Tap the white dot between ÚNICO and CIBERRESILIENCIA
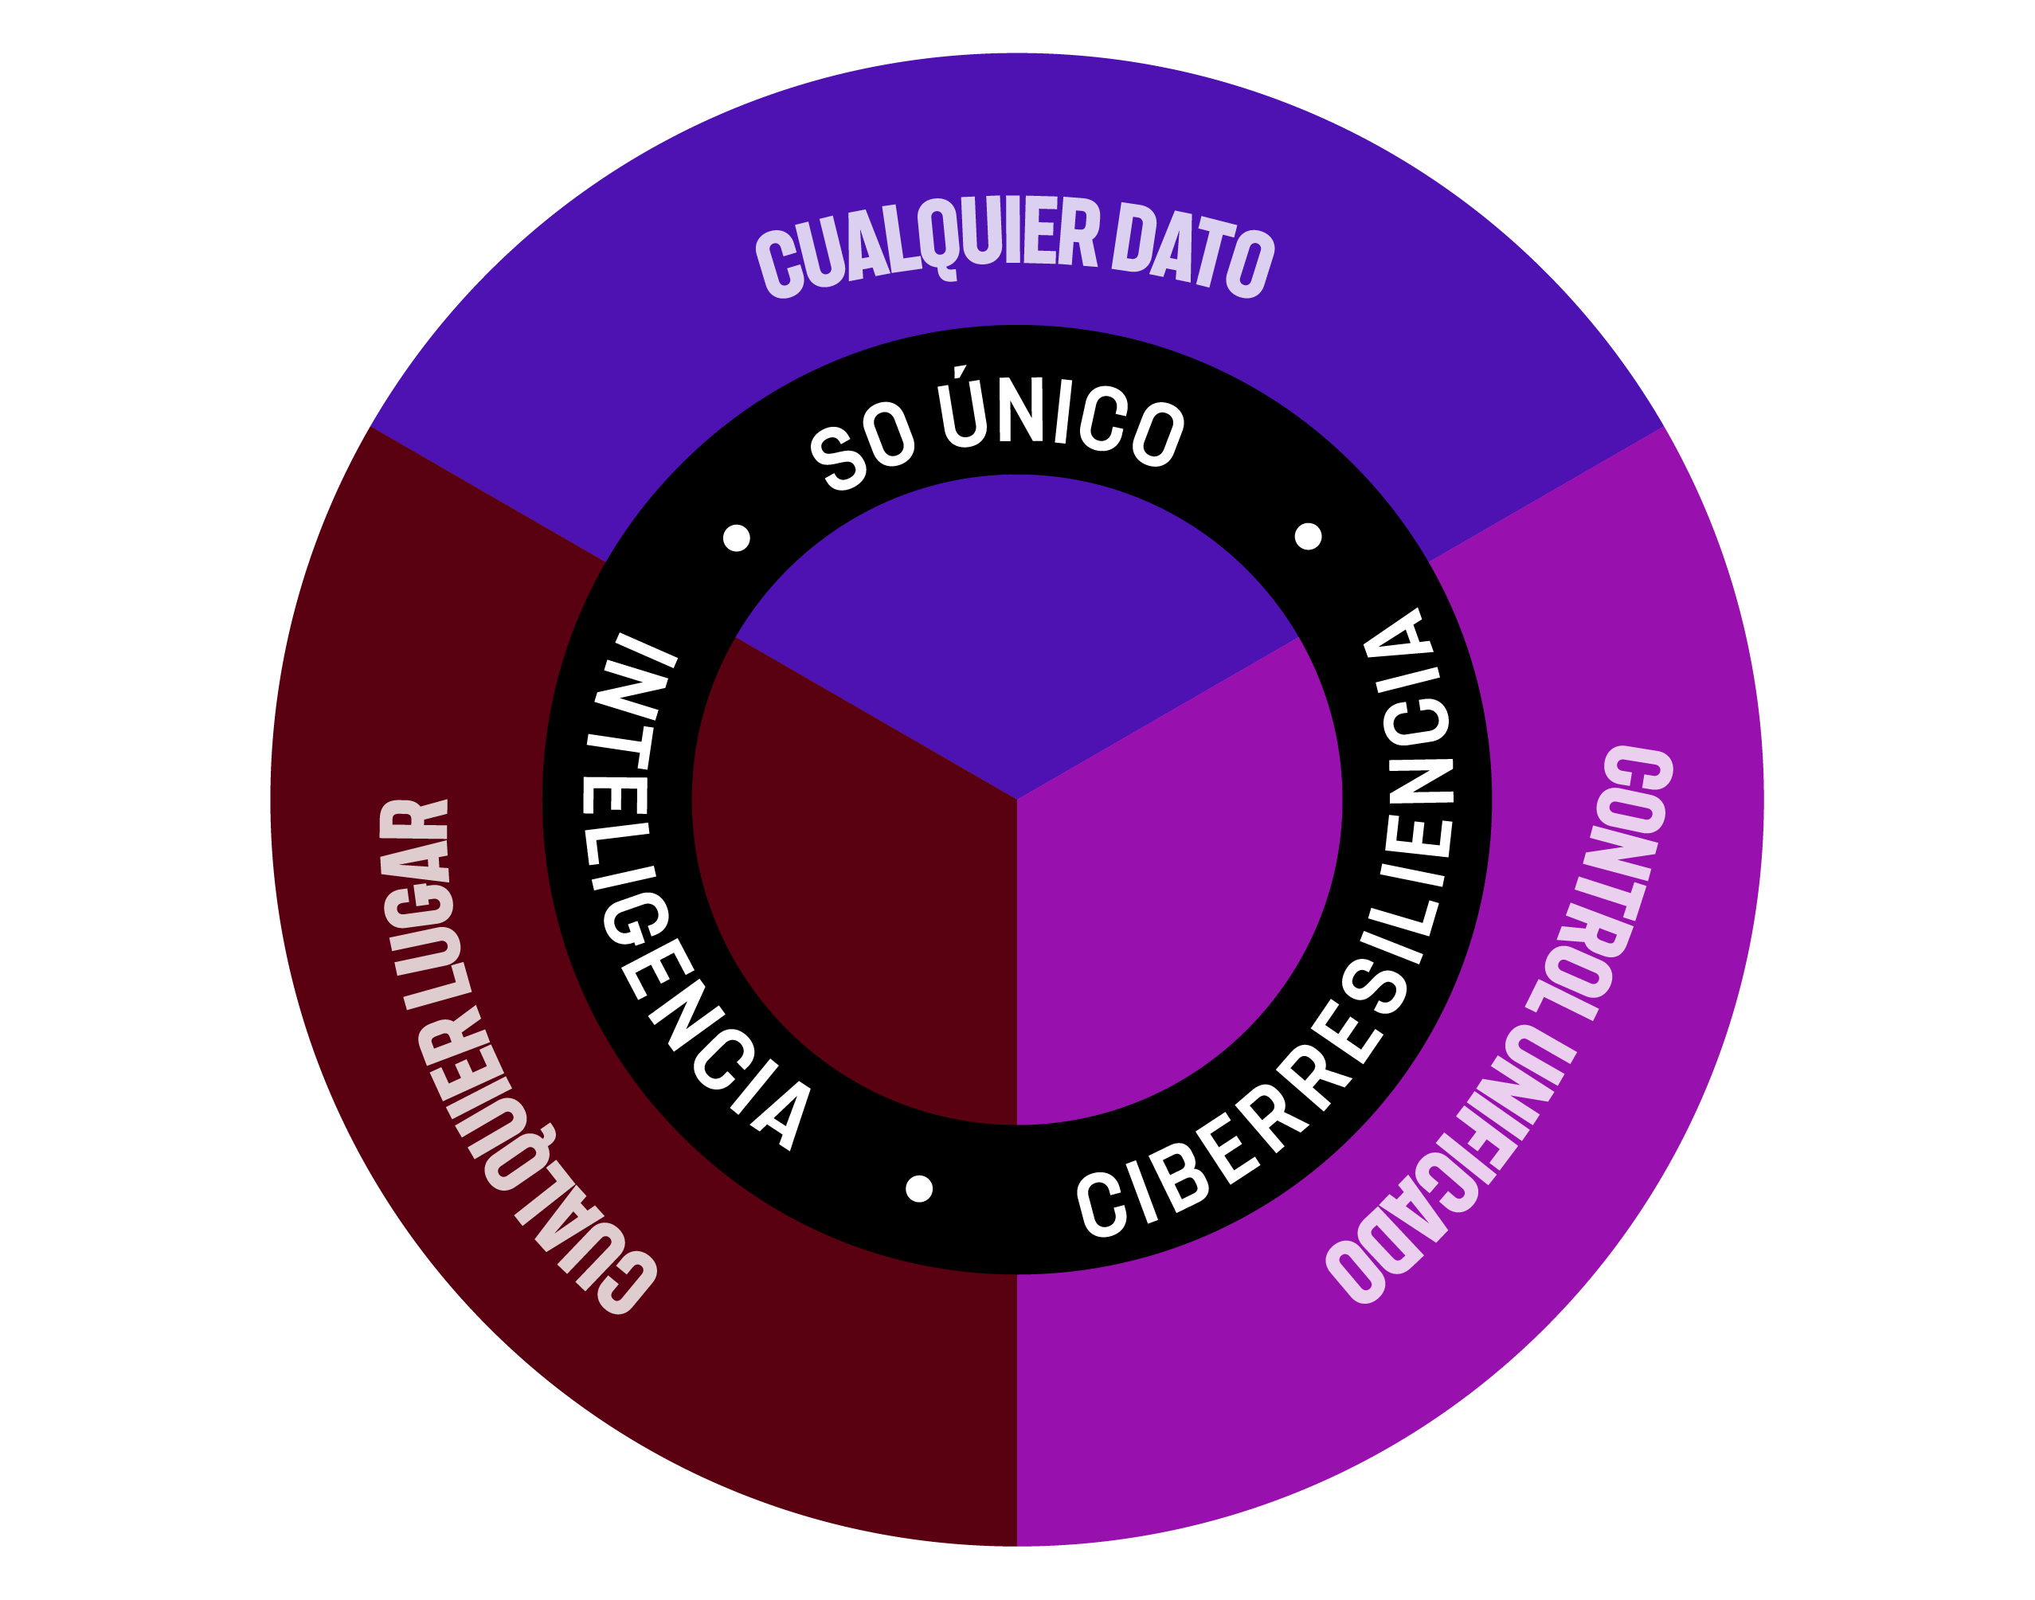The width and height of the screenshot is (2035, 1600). click(x=1308, y=537)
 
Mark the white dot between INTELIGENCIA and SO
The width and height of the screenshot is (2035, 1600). click(x=737, y=538)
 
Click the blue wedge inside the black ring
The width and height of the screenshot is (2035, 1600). click(x=1016, y=637)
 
